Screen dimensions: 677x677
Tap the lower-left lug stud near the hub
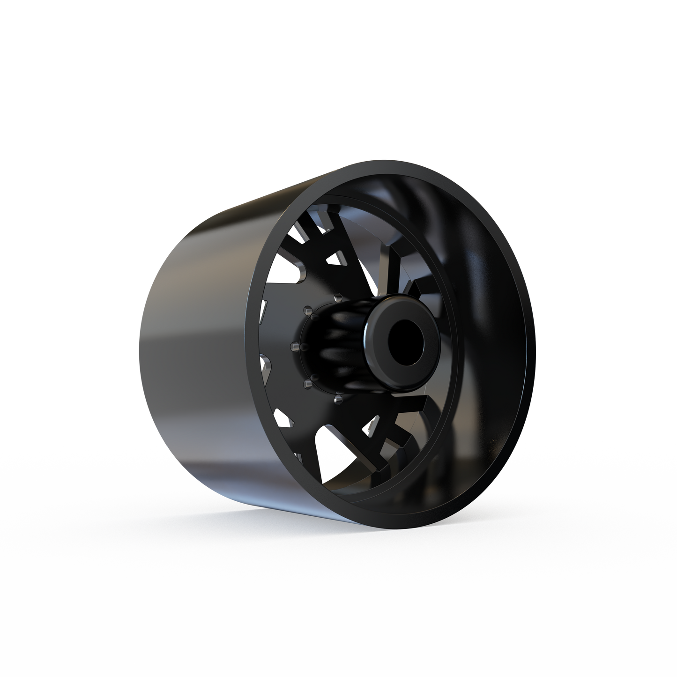tap(307, 383)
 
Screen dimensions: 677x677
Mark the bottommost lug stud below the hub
tap(336, 400)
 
